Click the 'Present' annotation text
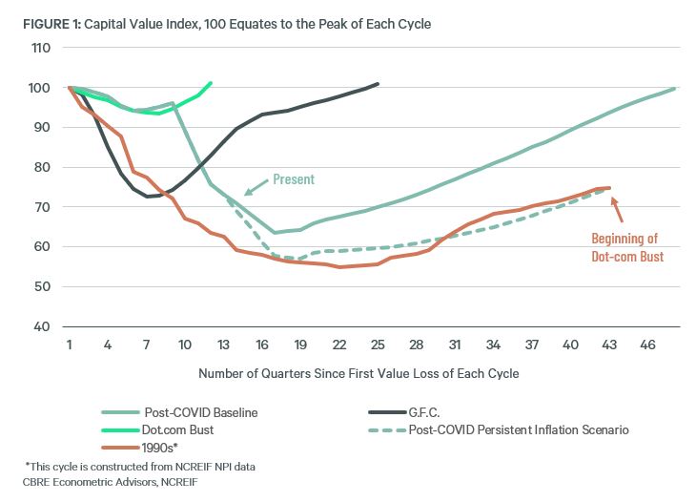point(294,178)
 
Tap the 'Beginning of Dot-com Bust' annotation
point(624,247)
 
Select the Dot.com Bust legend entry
point(164,429)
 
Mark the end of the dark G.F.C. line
point(379,84)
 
